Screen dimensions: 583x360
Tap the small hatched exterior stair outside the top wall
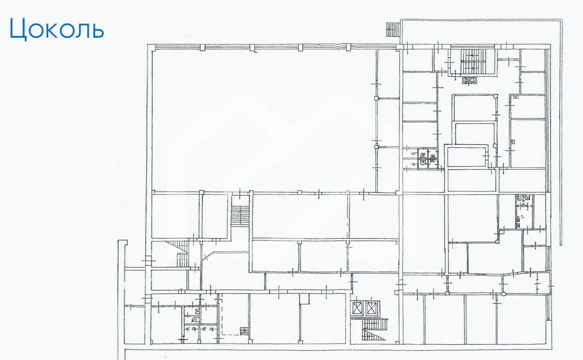pyautogui.click(x=392, y=30)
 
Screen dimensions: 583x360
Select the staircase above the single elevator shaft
pyautogui.click(x=471, y=61)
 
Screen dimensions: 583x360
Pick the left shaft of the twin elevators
pyautogui.click(x=358, y=308)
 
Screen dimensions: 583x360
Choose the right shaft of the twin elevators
pyautogui.click(x=372, y=308)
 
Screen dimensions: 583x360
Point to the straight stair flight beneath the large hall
pyautogui.click(x=240, y=216)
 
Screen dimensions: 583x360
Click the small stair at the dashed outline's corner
pyautogui.click(x=244, y=330)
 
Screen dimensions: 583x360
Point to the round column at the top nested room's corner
pyautogui.click(x=495, y=96)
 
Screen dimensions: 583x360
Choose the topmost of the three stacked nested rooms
pyautogui.click(x=475, y=108)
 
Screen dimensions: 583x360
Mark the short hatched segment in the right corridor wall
pyautogui.click(x=480, y=274)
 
